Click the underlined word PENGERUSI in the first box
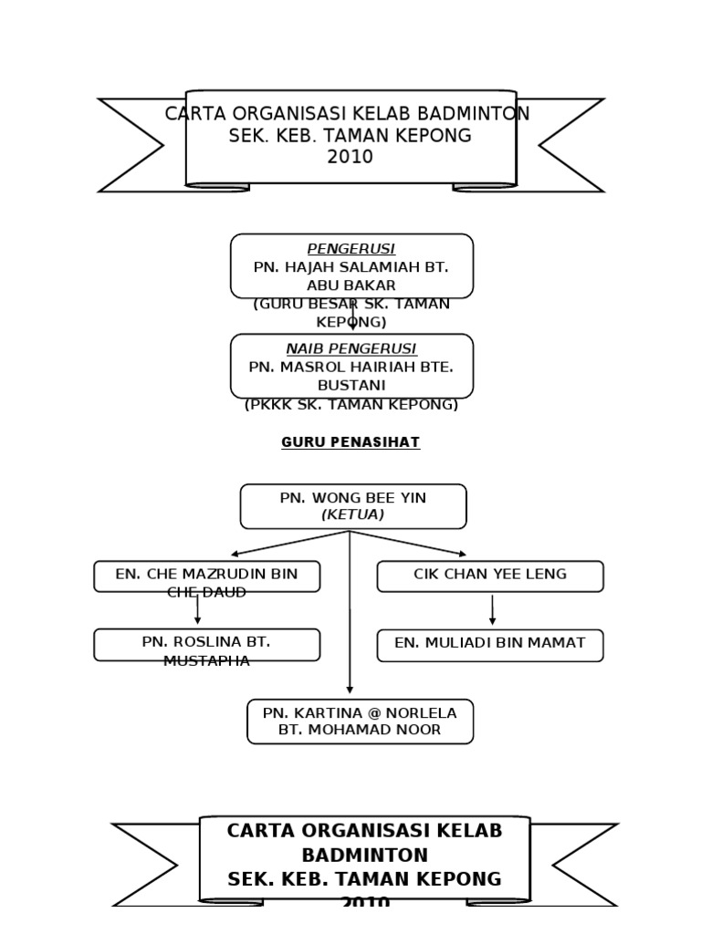click(x=351, y=249)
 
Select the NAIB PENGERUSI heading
click(x=351, y=348)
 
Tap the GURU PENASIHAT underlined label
click(x=350, y=442)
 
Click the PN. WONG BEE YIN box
click(x=353, y=506)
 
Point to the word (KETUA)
click(x=353, y=515)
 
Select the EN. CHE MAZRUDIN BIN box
click(x=207, y=576)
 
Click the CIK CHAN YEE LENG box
click(x=490, y=576)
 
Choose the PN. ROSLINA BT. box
click(x=207, y=645)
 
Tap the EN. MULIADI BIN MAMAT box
click(x=490, y=645)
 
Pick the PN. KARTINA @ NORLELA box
click(x=361, y=721)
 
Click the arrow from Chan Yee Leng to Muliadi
click(x=492, y=609)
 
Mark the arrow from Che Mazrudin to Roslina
click(x=197, y=609)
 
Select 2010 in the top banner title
click(x=350, y=157)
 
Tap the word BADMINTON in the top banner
click(x=473, y=114)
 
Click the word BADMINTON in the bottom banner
click(x=365, y=856)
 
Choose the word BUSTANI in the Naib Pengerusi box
click(x=351, y=385)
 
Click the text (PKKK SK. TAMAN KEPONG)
click(x=351, y=404)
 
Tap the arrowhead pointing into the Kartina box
click(x=350, y=690)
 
